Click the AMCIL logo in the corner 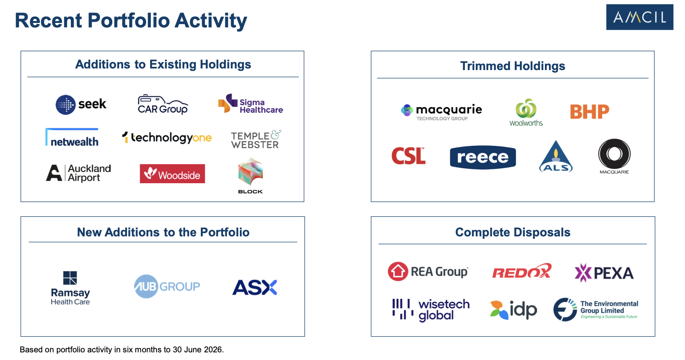(x=640, y=17)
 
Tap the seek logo (x=81, y=105)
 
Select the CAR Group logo (x=163, y=104)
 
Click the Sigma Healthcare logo (x=250, y=103)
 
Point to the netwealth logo (x=72, y=137)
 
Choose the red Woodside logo (x=173, y=174)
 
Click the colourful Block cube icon (x=250, y=171)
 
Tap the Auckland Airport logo (x=78, y=173)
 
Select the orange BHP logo (x=590, y=112)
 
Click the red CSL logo (x=409, y=156)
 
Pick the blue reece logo (x=483, y=157)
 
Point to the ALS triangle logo (x=556, y=156)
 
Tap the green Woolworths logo (x=526, y=112)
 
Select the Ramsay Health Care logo (x=70, y=288)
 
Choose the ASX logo (x=255, y=287)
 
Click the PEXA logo (x=604, y=273)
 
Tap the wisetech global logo (x=431, y=310)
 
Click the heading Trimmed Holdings (x=512, y=66)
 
